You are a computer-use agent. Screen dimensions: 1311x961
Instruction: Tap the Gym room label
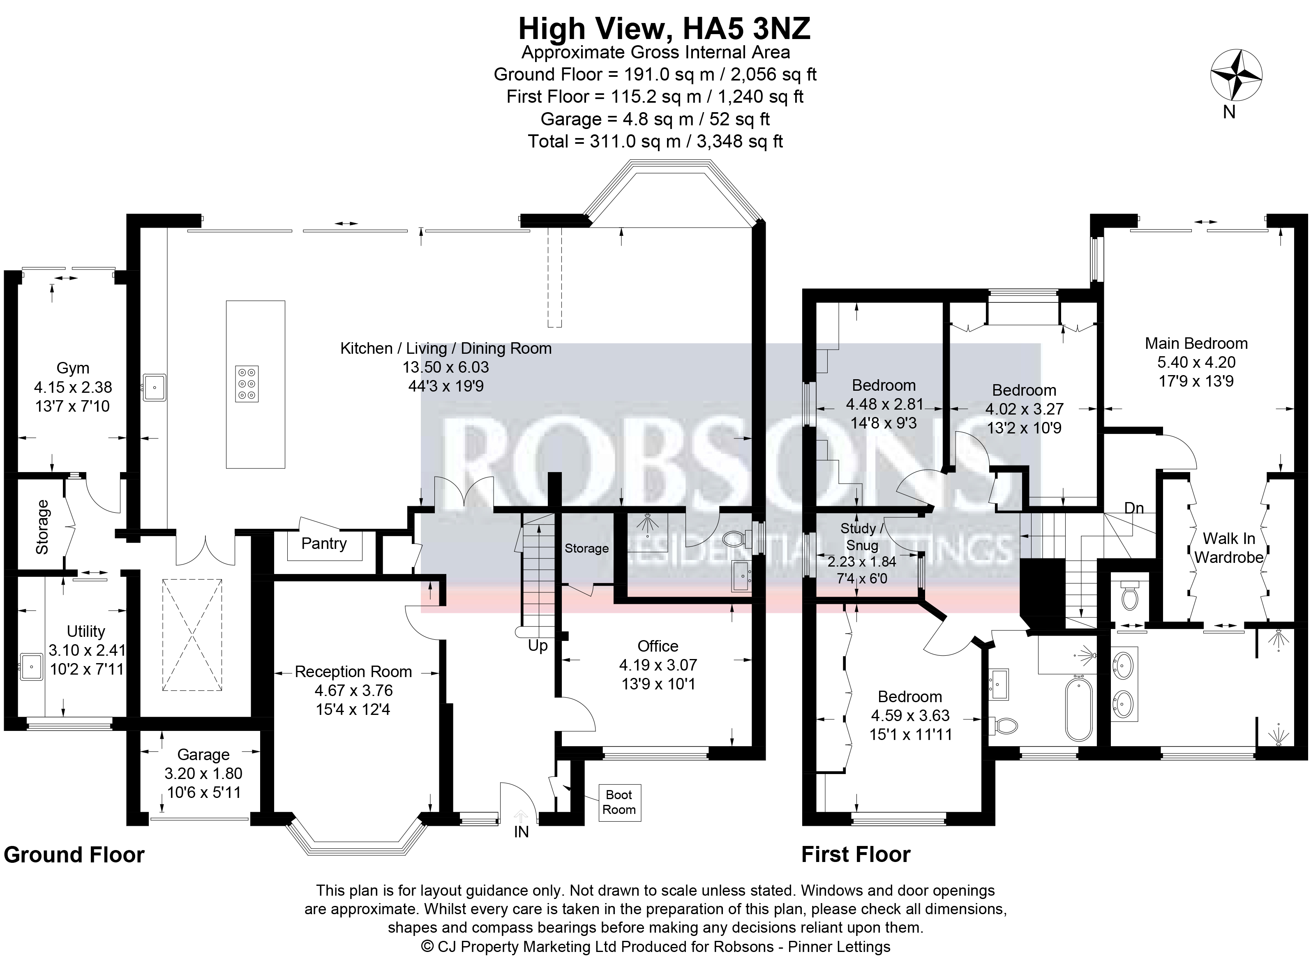pyautogui.click(x=73, y=368)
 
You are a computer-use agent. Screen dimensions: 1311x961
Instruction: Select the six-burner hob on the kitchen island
pyautogui.click(x=247, y=384)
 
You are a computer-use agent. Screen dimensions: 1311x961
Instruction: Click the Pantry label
pyautogui.click(x=324, y=543)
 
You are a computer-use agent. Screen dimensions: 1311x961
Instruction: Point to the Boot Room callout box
pyautogui.click(x=620, y=802)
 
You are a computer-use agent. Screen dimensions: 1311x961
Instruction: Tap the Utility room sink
pyautogui.click(x=31, y=667)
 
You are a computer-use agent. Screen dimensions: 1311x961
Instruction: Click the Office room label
pyautogui.click(x=658, y=646)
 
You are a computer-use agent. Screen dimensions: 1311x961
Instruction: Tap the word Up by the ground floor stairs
pyautogui.click(x=538, y=646)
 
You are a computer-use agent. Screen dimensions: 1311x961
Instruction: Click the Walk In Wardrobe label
pyautogui.click(x=1229, y=548)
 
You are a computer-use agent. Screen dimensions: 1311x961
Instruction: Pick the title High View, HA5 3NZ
pyautogui.click(x=664, y=29)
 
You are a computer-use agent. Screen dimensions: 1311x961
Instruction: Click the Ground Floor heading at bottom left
pyautogui.click(x=74, y=855)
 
